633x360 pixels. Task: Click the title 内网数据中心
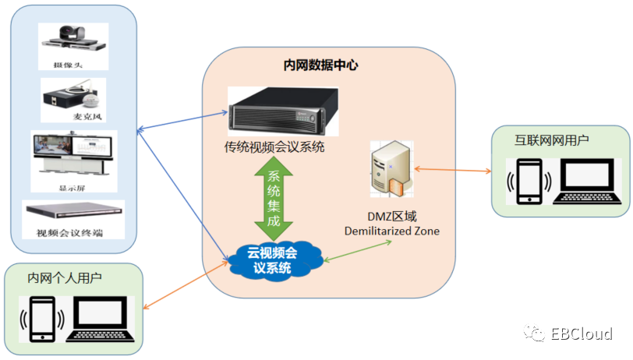321,65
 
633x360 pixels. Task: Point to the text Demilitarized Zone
392,231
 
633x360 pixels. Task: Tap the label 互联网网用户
551,140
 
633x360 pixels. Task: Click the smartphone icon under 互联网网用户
530,181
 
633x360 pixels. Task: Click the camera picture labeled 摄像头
73,39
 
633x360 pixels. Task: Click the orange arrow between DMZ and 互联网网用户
452,169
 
